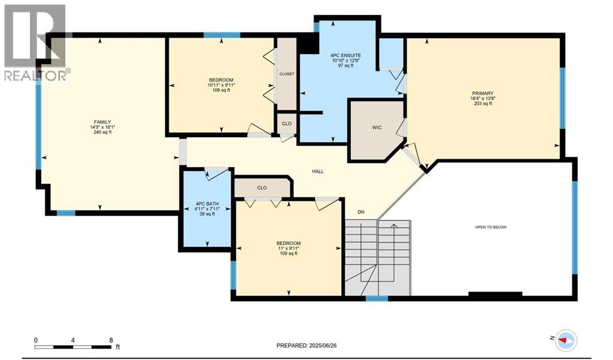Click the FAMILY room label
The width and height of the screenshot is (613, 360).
coord(101,122)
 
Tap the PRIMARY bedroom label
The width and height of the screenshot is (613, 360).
coord(482,93)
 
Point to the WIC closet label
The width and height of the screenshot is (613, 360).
coord(377,128)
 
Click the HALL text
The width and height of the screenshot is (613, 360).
coord(317,171)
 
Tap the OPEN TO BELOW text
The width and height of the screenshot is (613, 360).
coord(491,227)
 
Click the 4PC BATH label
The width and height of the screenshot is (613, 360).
coord(207,204)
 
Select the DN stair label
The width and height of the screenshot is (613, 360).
coord(360,211)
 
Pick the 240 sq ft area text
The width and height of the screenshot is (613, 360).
coord(101,132)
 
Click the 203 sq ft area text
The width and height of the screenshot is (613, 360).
coord(482,104)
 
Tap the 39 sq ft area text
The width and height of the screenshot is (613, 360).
coord(207,214)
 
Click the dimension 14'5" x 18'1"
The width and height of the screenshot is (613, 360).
coord(101,127)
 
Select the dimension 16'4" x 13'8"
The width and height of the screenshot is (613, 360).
coord(482,98)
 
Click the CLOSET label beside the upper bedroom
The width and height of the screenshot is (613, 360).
coord(287,74)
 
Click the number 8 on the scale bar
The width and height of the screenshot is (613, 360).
coord(111,340)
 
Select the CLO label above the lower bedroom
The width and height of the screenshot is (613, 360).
coord(262,187)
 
